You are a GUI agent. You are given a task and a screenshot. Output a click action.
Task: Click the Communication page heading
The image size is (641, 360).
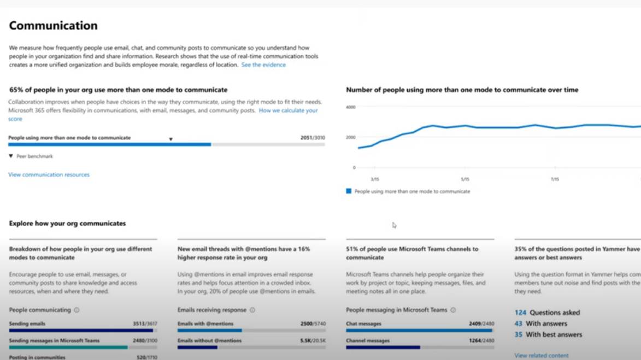pos(53,26)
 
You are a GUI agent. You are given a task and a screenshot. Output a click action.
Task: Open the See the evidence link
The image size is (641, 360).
pos(263,65)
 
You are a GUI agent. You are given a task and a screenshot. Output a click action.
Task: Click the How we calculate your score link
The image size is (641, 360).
pos(288,110)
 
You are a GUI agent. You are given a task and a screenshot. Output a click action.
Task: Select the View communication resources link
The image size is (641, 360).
pos(49,175)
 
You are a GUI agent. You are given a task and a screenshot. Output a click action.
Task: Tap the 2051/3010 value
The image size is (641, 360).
pos(312,138)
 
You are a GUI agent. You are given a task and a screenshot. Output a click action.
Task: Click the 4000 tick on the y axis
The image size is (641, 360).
pos(350,107)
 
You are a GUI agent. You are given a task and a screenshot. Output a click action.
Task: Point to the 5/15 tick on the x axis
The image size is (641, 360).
pos(464,179)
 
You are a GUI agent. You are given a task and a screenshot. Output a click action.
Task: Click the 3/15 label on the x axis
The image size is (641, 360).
pos(374,179)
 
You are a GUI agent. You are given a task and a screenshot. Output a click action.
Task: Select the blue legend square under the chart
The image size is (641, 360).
pos(349,191)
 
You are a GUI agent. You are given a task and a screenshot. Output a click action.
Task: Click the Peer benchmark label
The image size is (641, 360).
pos(34,156)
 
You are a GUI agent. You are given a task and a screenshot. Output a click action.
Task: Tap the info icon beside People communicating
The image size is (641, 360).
pos(77,310)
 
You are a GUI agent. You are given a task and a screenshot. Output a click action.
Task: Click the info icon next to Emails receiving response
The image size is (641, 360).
pos(252,310)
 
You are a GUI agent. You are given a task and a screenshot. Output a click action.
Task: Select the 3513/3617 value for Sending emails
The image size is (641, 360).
pos(145,324)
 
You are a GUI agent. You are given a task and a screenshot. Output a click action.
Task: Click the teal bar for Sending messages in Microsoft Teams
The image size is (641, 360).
pos(68,347)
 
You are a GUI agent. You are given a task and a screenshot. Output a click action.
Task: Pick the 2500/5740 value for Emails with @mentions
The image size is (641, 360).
pos(313,324)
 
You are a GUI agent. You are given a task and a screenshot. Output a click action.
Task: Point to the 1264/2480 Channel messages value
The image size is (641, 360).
pos(481,341)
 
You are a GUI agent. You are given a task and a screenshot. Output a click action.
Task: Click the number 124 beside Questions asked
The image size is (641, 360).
pos(520,313)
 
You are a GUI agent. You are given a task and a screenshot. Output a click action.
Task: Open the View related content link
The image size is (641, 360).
pos(541,356)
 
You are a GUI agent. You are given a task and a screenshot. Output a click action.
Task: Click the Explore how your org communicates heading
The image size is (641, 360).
pos(67,223)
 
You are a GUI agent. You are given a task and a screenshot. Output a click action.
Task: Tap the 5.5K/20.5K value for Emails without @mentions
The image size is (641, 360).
pos(312,341)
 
